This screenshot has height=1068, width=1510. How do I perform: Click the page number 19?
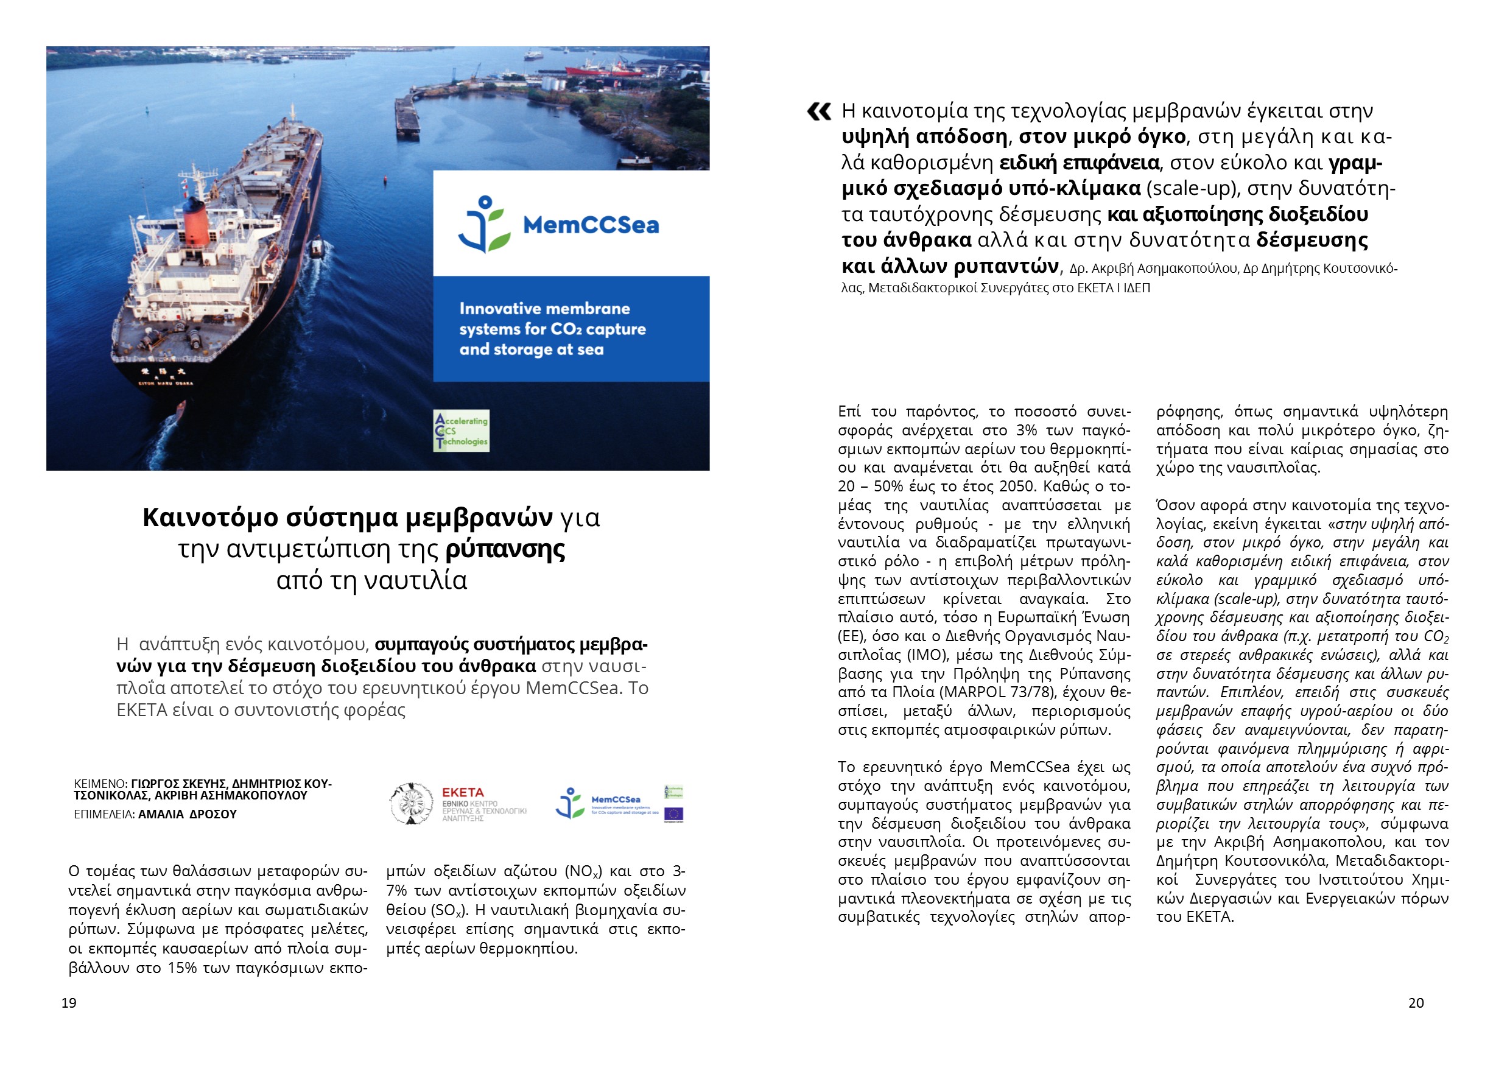[68, 1003]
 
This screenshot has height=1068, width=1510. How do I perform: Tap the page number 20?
[1416, 1003]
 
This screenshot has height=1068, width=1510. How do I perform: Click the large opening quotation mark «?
[819, 113]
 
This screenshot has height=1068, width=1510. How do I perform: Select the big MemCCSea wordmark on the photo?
[591, 225]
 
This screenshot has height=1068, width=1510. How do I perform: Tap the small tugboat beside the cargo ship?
[317, 247]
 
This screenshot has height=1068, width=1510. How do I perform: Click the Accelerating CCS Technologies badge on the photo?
[461, 430]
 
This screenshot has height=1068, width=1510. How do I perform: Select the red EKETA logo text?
[462, 792]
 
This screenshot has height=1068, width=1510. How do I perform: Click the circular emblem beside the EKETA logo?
[411, 803]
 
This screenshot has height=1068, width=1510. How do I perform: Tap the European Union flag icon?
[673, 814]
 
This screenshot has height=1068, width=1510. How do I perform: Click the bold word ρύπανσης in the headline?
[505, 549]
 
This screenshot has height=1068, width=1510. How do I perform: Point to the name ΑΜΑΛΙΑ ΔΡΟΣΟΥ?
[188, 814]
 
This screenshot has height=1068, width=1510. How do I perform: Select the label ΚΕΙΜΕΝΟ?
[100, 784]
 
